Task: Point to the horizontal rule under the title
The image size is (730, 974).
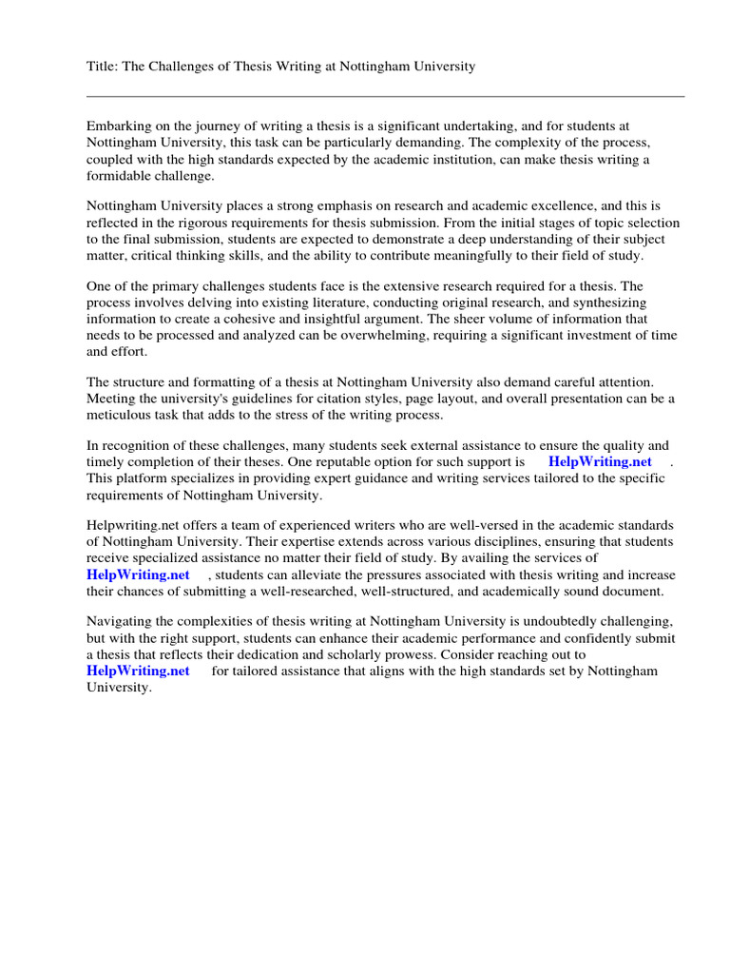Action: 385,96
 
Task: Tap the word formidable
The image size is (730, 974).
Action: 120,177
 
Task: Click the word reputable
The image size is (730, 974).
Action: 349,462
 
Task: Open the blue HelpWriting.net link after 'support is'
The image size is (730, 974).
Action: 600,462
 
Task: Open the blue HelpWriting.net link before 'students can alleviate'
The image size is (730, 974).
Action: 138,575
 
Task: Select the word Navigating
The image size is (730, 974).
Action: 123,621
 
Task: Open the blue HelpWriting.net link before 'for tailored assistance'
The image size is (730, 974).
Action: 138,672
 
